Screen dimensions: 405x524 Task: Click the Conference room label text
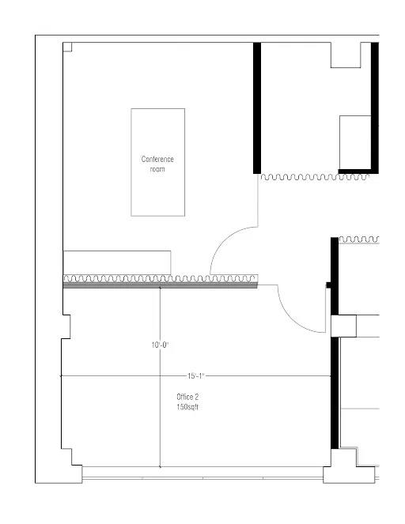(157, 164)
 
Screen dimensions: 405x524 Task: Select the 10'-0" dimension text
(160, 345)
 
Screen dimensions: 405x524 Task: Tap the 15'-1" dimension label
(195, 376)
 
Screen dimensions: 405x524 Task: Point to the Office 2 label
(187, 397)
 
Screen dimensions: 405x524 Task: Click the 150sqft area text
(187, 407)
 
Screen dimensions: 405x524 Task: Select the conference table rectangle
(158, 162)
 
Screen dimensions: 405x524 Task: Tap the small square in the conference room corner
(67, 47)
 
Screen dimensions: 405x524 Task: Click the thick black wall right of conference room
(257, 108)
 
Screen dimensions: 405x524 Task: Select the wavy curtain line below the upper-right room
(315, 177)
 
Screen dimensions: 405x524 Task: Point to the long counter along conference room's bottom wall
(117, 262)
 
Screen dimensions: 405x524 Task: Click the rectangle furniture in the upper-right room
(355, 142)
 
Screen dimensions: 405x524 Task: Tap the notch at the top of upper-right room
(346, 55)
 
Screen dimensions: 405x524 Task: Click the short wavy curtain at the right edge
(359, 239)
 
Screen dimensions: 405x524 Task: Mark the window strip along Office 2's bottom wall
(202, 473)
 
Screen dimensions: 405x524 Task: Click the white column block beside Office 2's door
(343, 326)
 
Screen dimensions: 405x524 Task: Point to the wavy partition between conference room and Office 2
(161, 279)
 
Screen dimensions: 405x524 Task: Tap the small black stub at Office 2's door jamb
(328, 285)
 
